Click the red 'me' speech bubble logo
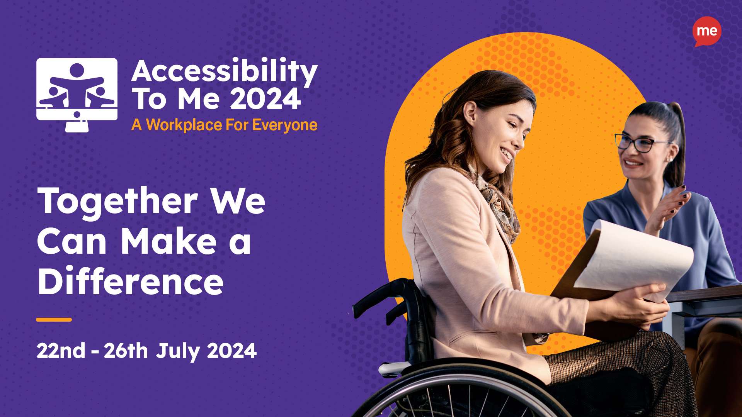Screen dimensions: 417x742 click(707, 31)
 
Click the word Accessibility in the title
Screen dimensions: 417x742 click(224, 71)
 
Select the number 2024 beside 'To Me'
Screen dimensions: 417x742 click(265, 99)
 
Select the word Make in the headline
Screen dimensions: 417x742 click(169, 242)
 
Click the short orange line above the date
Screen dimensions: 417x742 click(54, 320)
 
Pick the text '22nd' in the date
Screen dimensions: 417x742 click(61, 351)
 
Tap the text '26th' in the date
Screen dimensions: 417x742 click(126, 351)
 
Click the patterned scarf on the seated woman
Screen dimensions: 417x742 click(499, 205)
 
